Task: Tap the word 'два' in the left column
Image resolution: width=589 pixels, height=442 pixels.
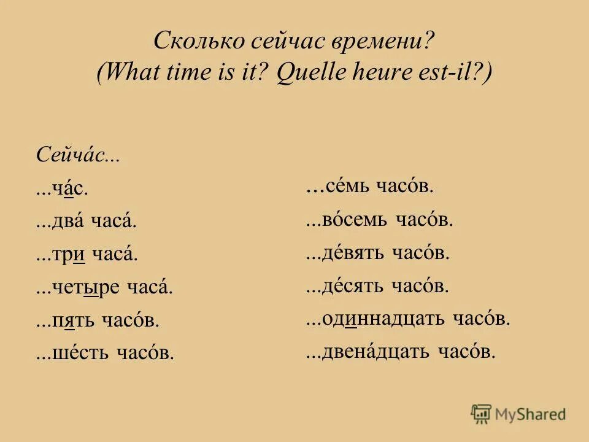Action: (72, 222)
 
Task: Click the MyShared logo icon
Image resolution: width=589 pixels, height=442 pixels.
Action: (482, 414)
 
